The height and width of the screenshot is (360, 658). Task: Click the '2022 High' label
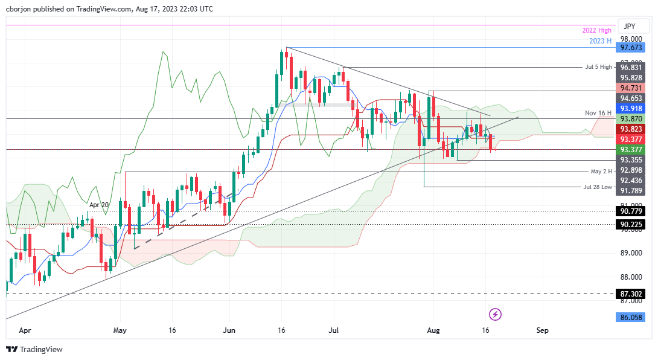pos(596,30)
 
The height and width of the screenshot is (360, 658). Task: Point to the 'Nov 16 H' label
pos(598,113)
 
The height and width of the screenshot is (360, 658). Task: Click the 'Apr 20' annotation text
pos(99,205)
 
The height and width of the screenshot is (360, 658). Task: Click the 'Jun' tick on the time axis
pos(229,330)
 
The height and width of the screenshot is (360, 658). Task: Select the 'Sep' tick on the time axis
pos(542,330)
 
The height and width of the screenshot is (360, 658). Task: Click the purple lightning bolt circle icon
pos(495,314)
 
